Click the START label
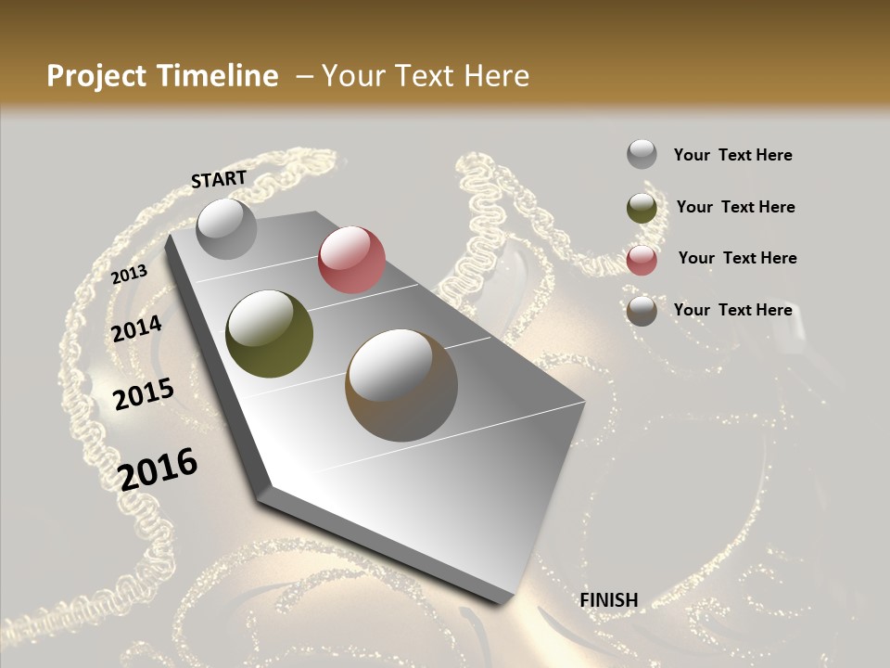click(x=219, y=179)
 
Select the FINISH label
click(x=609, y=600)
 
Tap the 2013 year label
click(x=130, y=274)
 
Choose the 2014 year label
click(x=137, y=328)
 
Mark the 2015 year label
click(x=144, y=395)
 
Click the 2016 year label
click(x=159, y=469)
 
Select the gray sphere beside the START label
click(x=226, y=228)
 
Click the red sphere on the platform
click(x=351, y=260)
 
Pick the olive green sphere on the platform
click(x=269, y=334)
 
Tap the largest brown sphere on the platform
click(x=401, y=385)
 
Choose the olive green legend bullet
click(x=642, y=208)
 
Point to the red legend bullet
click(x=642, y=260)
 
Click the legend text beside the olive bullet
click(x=735, y=207)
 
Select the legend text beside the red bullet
click(x=737, y=258)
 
